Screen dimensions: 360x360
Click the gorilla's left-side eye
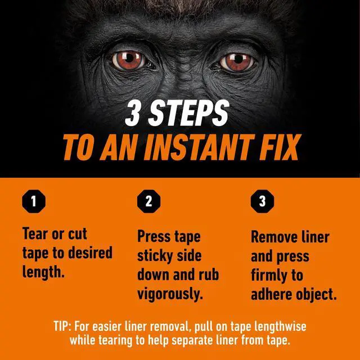coord(129,60)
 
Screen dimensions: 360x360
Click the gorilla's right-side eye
coord(237,61)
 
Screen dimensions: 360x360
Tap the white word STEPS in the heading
coord(189,113)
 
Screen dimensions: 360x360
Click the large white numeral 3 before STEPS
coord(133,113)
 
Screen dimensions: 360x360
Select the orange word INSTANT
coord(199,147)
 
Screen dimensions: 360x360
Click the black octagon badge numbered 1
coord(34,201)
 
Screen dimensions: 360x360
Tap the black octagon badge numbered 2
coord(148,201)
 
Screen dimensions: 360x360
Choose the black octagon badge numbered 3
coord(263,201)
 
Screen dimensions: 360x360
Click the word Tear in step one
coord(35,234)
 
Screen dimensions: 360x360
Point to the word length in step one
coord(42,272)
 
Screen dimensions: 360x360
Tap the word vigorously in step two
coord(170,294)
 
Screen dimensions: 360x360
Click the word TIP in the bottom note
coord(61,326)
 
